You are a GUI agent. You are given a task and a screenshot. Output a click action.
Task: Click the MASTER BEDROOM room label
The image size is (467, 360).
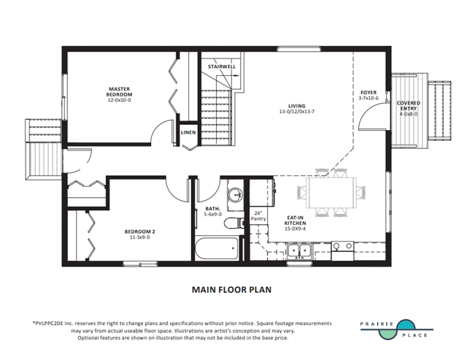pyautogui.click(x=119, y=91)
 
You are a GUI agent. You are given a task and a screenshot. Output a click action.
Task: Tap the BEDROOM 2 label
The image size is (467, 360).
pyautogui.click(x=139, y=231)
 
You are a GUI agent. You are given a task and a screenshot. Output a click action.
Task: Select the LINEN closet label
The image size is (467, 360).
pyautogui.click(x=188, y=132)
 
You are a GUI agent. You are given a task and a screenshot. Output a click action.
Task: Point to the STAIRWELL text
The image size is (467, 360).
pyautogui.click(x=222, y=66)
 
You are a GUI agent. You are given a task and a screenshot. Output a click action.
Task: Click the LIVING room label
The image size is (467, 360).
pyautogui.click(x=297, y=106)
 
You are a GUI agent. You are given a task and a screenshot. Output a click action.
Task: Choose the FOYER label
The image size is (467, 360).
pyautogui.click(x=368, y=93)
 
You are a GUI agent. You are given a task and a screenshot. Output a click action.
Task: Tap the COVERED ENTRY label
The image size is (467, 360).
pyautogui.click(x=409, y=105)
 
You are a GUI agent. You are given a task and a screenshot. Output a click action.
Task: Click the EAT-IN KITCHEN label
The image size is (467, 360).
pyautogui.click(x=295, y=221)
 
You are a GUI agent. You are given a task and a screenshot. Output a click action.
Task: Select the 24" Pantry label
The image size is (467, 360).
pyautogui.click(x=258, y=215)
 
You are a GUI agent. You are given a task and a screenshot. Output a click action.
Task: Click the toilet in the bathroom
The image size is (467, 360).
pyautogui.click(x=233, y=223)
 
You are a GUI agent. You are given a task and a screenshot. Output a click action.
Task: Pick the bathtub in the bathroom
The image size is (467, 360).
pyautogui.click(x=217, y=248)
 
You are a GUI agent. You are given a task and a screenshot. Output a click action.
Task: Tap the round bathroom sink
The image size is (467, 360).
pyautogui.click(x=235, y=195)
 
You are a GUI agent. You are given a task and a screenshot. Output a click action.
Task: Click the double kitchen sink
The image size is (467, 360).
pyautogui.click(x=299, y=250)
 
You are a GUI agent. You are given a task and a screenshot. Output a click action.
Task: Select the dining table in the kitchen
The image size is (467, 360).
pyautogui.click(x=331, y=193)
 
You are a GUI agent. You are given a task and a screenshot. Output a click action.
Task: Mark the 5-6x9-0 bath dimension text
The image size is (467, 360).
pyautogui.click(x=212, y=214)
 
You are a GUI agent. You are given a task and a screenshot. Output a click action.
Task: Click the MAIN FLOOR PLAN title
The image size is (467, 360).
pyautogui.click(x=232, y=290)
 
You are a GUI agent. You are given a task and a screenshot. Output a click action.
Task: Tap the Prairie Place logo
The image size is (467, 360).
pyautogui.click(x=396, y=329)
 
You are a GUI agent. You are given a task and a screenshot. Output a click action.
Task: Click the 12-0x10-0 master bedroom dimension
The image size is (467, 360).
pyautogui.click(x=119, y=100)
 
